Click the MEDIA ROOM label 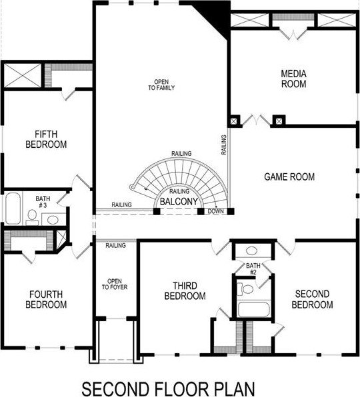[x=293, y=79]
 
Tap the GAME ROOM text [x=289, y=177]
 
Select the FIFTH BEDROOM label [x=46, y=139]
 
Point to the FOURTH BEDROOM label [x=46, y=299]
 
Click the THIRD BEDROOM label [x=185, y=290]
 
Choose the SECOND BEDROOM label [x=312, y=299]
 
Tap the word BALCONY [x=179, y=202]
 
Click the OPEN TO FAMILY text [x=161, y=85]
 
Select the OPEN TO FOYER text [x=115, y=284]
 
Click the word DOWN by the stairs [x=216, y=211]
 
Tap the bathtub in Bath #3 [x=13, y=208]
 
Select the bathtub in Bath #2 [x=254, y=309]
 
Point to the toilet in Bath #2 [x=245, y=289]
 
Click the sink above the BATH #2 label [x=252, y=251]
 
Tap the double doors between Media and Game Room [x=257, y=120]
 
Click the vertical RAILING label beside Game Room [x=224, y=145]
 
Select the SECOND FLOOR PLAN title [x=169, y=388]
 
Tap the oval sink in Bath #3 [x=53, y=220]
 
